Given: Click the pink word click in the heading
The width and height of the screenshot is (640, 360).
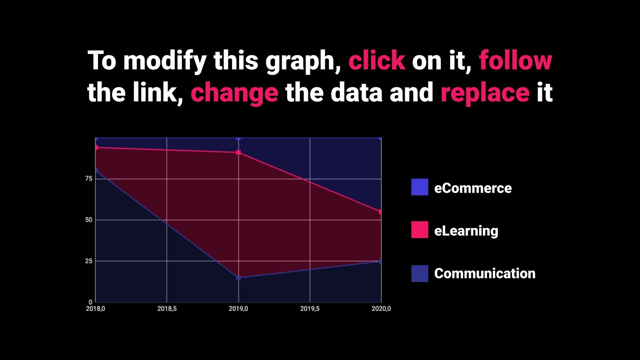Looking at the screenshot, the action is (x=377, y=60).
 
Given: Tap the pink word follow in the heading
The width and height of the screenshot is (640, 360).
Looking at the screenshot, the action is (x=516, y=60).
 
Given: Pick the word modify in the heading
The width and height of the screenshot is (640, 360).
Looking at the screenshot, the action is (x=165, y=62).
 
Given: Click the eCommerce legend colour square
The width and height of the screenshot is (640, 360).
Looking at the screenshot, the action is (x=420, y=187).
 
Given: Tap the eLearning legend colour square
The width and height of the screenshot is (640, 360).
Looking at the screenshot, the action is (x=420, y=230).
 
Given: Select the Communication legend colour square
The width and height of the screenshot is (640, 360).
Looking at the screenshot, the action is (x=420, y=274).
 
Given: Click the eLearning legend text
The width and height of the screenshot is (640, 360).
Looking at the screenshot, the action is (x=466, y=231).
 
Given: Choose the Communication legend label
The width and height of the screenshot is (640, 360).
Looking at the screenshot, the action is (x=485, y=274).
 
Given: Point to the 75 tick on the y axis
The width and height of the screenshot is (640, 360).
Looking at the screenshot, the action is (x=89, y=178).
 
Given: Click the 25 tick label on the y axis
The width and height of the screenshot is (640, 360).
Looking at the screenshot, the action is (x=89, y=261).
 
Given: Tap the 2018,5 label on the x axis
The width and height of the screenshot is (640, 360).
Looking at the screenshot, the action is (x=167, y=309).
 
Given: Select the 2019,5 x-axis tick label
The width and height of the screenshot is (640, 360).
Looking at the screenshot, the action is (x=310, y=309).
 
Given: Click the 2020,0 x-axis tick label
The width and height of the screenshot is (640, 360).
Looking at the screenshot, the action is (x=381, y=309).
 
